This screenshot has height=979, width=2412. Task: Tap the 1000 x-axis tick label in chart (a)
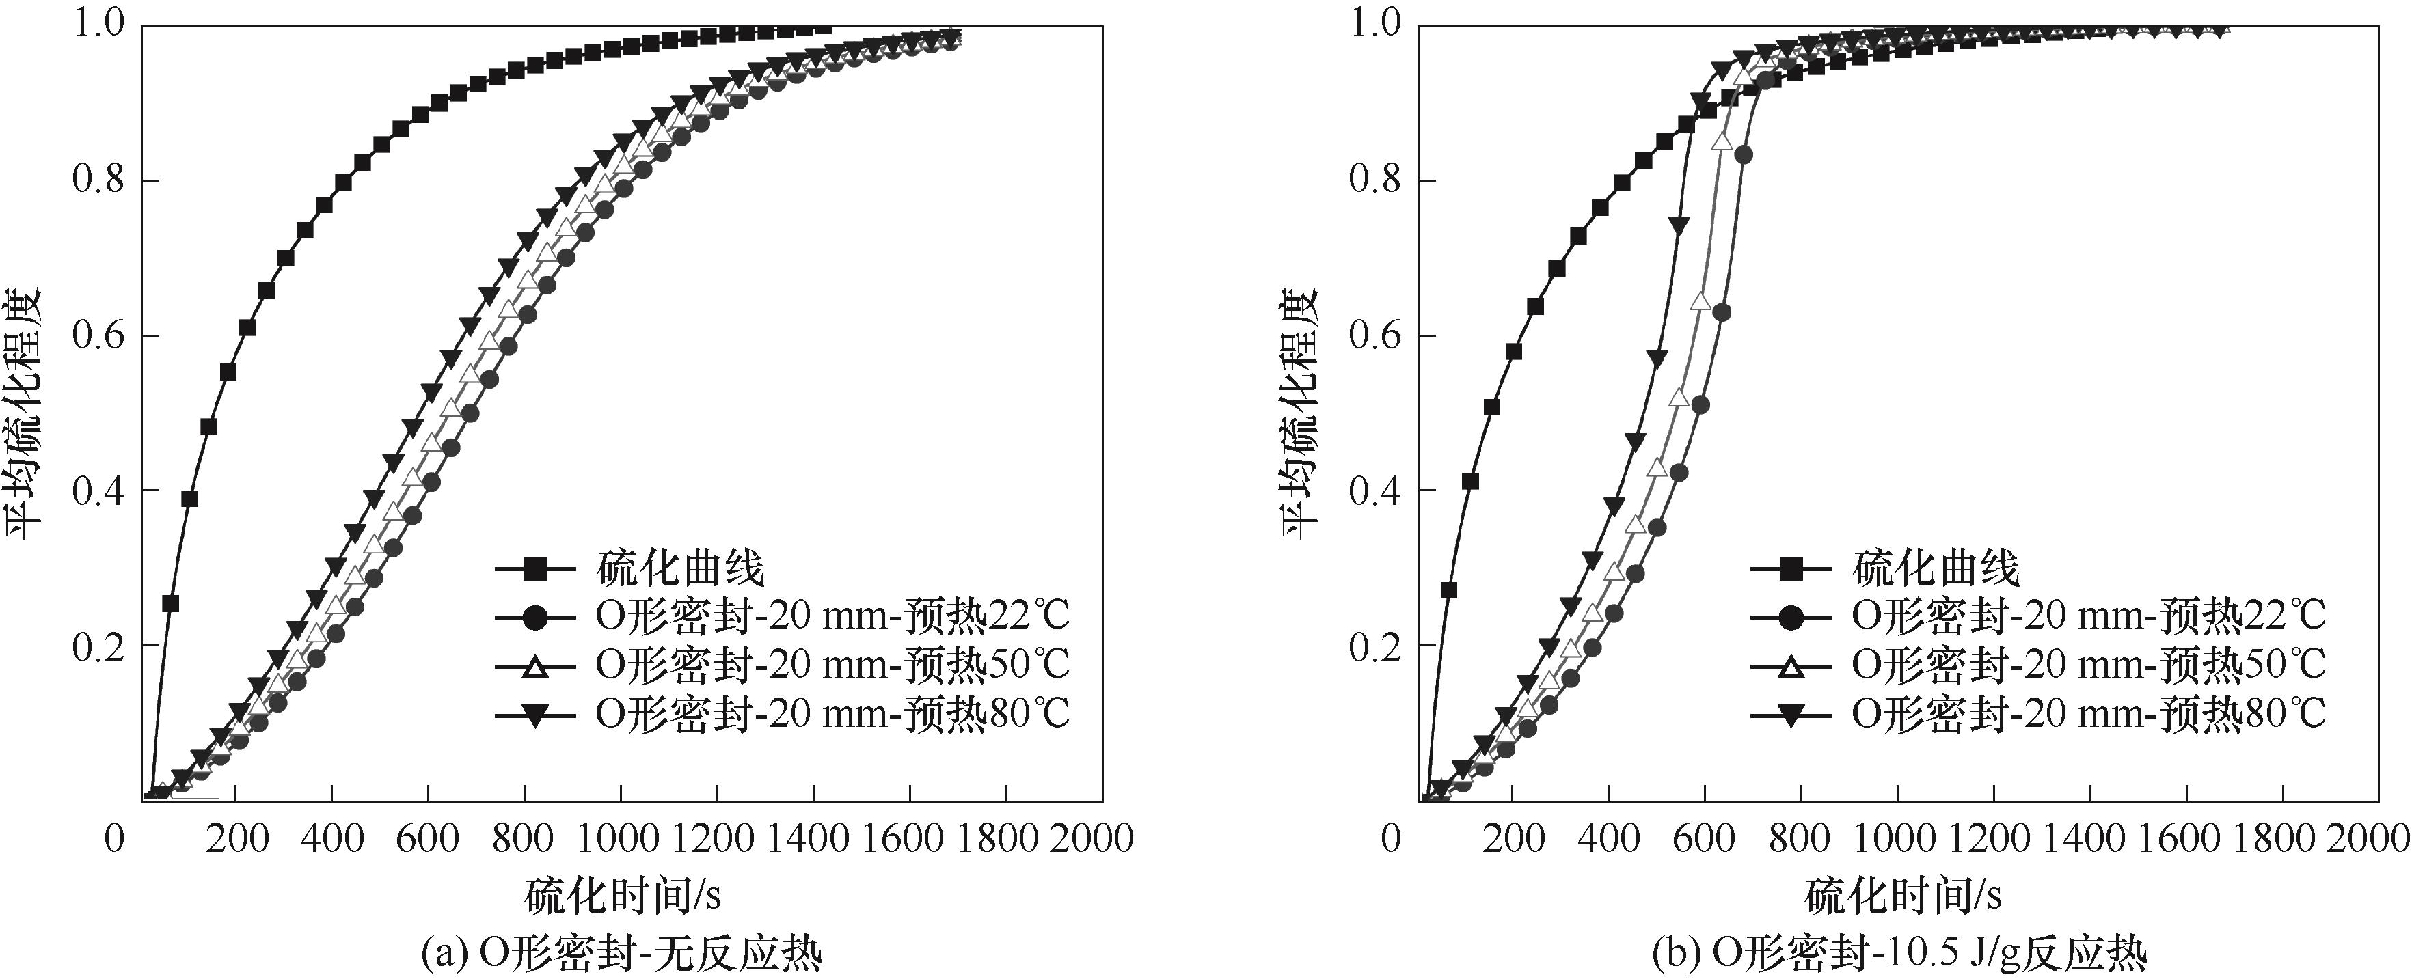coord(620,838)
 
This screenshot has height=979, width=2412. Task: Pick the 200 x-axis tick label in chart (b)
coord(1513,838)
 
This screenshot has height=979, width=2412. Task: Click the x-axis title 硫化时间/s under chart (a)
coord(623,896)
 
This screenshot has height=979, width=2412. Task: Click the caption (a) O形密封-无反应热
coord(623,954)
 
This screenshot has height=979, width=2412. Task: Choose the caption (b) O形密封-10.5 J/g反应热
coord(1901,954)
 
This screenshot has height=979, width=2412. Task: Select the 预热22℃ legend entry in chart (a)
coord(832,616)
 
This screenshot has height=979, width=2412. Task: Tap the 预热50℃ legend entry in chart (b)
coord(2088,665)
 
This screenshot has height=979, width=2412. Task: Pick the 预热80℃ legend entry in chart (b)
coord(2088,714)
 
